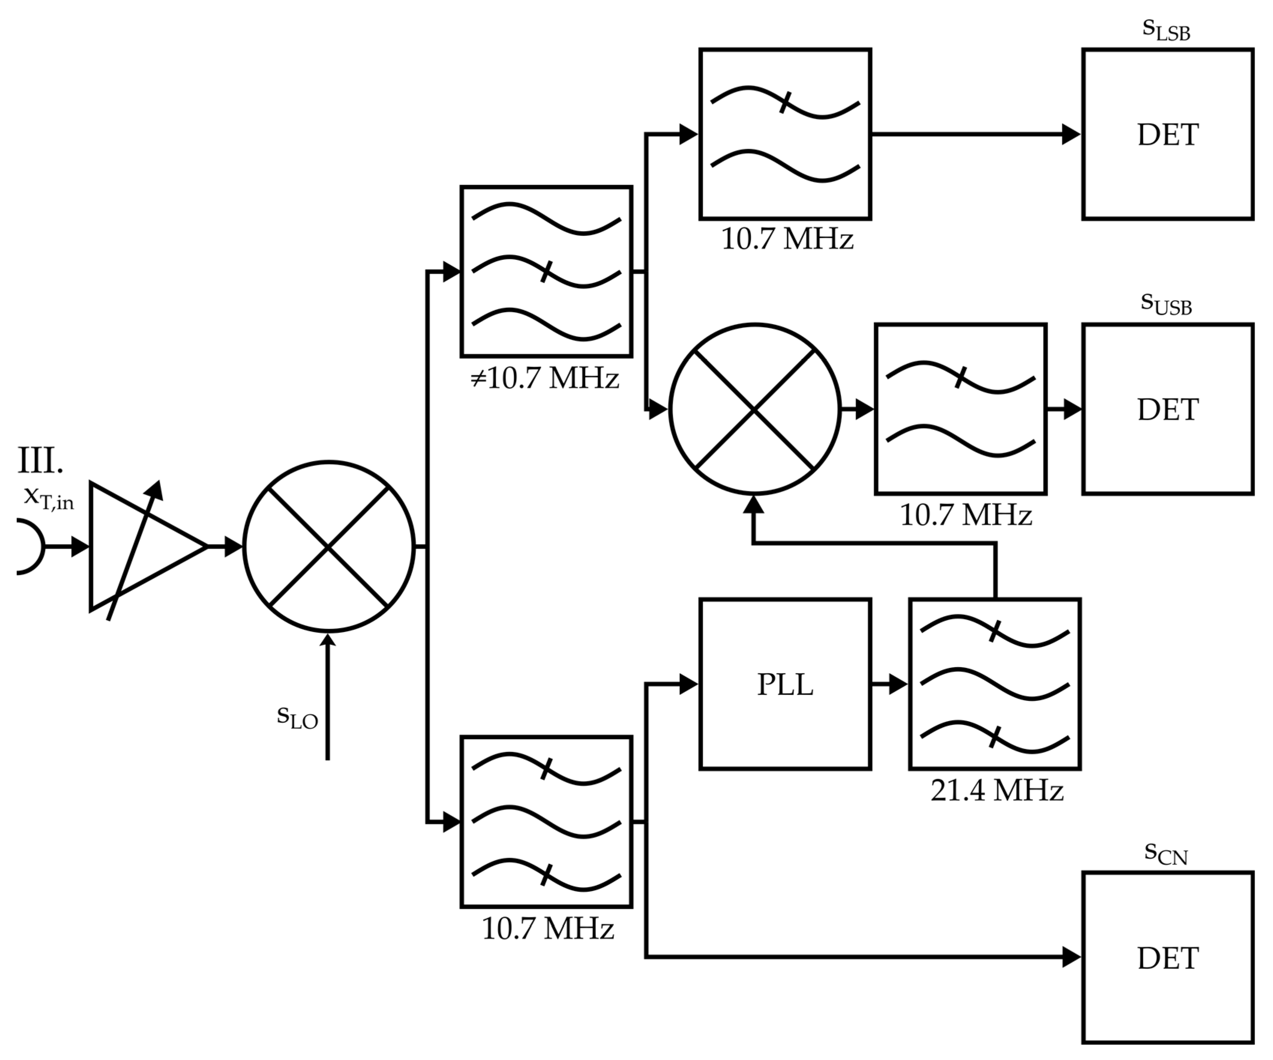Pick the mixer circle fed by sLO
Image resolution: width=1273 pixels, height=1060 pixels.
coord(328,546)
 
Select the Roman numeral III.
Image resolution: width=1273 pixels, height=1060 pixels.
coord(40,461)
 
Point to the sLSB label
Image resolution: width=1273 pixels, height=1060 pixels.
coord(1166,30)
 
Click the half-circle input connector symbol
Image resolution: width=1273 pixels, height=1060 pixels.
coord(29,546)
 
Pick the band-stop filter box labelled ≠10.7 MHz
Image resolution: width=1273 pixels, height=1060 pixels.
coord(546,271)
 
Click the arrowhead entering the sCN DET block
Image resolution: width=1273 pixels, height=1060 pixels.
coord(1071,958)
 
